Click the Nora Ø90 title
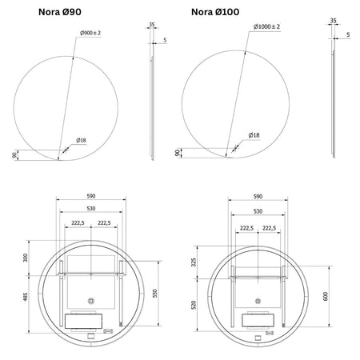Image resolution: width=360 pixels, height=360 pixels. [x=60, y=12]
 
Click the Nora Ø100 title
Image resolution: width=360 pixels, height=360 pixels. [x=215, y=12]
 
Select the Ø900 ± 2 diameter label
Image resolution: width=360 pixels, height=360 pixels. [x=90, y=33]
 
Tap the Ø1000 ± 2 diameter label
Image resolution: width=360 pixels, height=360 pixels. [x=266, y=26]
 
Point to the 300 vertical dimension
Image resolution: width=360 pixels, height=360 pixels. [x=26, y=258]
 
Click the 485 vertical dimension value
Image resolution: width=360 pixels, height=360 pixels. [x=26, y=297]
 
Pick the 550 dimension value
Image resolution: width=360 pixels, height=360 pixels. [x=155, y=293]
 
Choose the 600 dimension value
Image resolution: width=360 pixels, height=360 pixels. [x=326, y=296]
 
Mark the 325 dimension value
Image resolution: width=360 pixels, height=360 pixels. [x=194, y=262]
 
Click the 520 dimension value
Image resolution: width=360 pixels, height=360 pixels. [x=194, y=305]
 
